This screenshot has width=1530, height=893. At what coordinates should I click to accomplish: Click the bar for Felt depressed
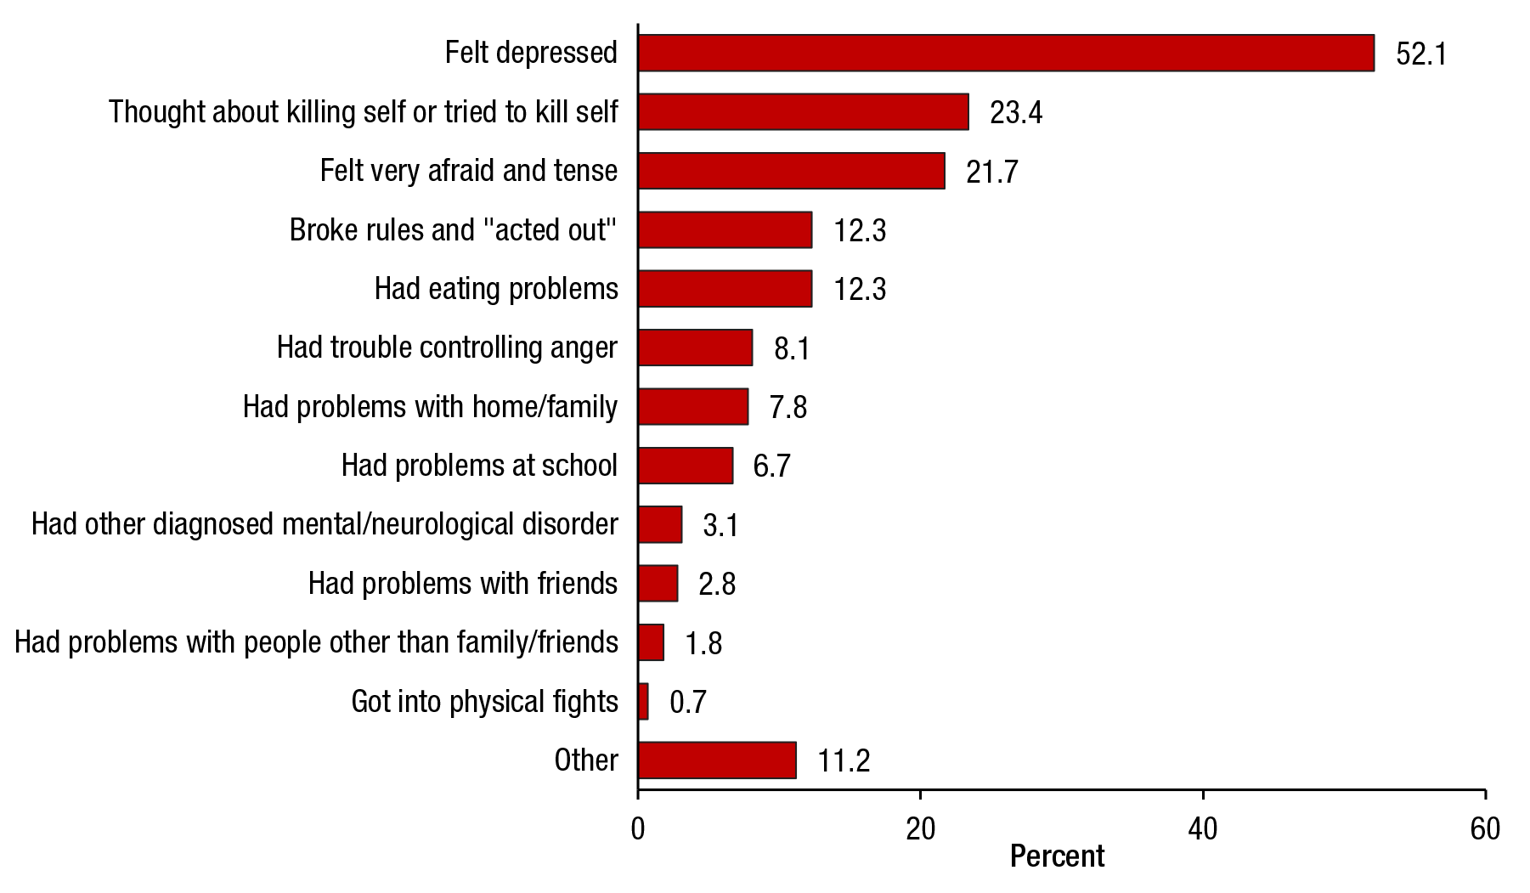pos(1006,53)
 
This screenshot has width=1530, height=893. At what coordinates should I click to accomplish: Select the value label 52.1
pos(1420,54)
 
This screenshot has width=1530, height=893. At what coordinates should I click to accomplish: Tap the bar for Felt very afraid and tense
pos(791,171)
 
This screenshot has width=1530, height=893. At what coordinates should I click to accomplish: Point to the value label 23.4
pos(1016,113)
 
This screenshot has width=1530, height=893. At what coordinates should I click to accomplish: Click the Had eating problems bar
pos(725,289)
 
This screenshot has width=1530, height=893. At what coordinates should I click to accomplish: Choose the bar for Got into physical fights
pos(643,702)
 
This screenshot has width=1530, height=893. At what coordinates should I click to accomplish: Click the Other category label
pos(586,760)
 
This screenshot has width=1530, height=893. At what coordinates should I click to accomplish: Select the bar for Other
pos(717,760)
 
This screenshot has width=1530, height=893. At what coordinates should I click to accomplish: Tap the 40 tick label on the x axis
pos(1203,829)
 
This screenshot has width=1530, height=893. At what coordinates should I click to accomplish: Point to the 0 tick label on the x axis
pos(638,829)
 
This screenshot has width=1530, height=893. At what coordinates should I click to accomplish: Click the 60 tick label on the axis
pos(1485,829)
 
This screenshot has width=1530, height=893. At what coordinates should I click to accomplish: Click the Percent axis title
pos(1057,856)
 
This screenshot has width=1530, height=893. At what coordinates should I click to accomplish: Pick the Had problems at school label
pos(479,466)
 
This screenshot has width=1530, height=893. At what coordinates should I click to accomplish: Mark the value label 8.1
pos(791,349)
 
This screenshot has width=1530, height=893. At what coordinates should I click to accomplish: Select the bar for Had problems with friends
pos(658,584)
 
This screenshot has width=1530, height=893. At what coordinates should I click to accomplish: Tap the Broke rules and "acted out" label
pos(453,230)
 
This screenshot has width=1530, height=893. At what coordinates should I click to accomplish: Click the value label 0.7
pos(687,703)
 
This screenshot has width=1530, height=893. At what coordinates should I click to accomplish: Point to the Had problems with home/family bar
pos(693,407)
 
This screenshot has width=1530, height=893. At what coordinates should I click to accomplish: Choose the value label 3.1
pos(720,526)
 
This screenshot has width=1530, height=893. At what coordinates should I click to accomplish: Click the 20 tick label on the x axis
pos(920,829)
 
